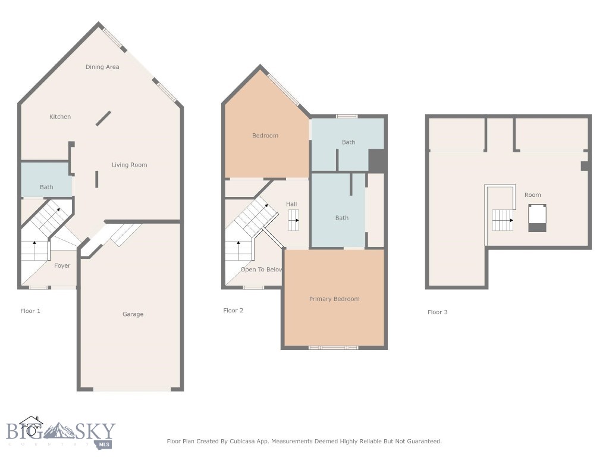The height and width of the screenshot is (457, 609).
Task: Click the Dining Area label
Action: [x=102, y=67]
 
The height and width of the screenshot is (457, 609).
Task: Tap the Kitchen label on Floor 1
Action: [x=60, y=117]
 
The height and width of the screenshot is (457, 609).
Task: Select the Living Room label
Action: [x=129, y=165]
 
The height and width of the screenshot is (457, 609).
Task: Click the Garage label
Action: [x=133, y=314]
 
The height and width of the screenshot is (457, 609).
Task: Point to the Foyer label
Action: [x=62, y=266]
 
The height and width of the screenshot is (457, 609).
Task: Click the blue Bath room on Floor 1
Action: [x=46, y=180]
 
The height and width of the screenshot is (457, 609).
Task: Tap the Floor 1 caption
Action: [x=30, y=311]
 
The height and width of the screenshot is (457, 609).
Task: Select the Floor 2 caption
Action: [x=233, y=311]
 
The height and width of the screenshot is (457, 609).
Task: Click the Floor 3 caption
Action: [x=437, y=312]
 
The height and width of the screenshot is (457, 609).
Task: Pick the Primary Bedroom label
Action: [x=334, y=299]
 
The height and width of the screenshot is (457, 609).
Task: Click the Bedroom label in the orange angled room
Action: [x=265, y=136]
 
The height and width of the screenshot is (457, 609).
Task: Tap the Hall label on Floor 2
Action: [x=291, y=204]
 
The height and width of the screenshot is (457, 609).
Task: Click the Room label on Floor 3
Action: [x=532, y=195]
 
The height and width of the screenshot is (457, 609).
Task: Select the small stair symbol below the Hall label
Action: [x=294, y=224]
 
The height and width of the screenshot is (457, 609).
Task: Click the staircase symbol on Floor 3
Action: [x=503, y=221]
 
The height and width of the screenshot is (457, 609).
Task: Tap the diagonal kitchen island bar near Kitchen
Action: [x=103, y=118]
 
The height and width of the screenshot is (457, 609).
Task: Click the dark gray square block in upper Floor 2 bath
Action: [x=377, y=161]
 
